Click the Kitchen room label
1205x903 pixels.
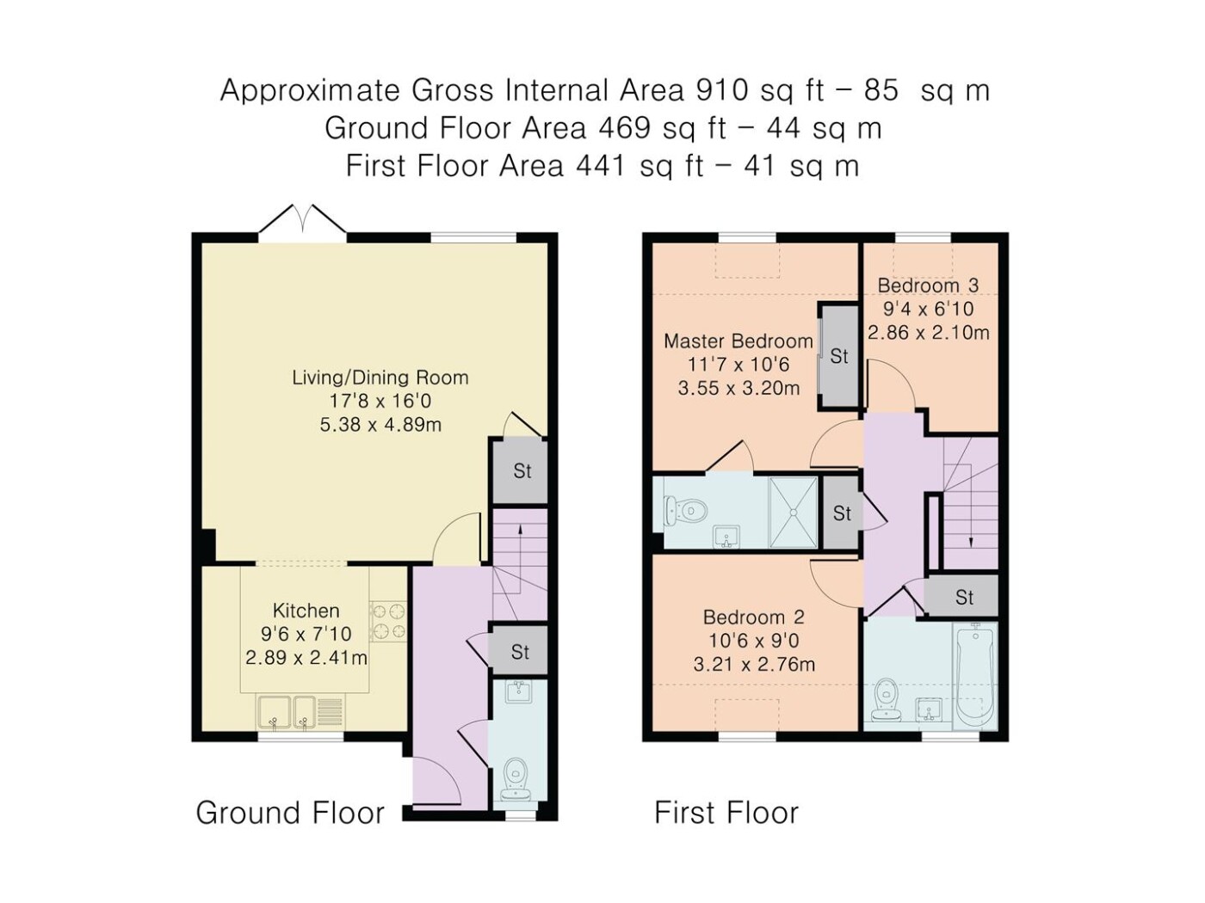pyautogui.click(x=306, y=611)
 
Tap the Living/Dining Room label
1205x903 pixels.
pyautogui.click(x=380, y=378)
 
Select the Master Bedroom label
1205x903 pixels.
pyautogui.click(x=738, y=341)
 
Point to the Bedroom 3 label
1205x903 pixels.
pyautogui.click(x=928, y=286)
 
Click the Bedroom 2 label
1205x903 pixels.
pyautogui.click(x=753, y=617)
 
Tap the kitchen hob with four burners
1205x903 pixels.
pyautogui.click(x=388, y=621)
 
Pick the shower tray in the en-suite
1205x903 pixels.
pyautogui.click(x=793, y=512)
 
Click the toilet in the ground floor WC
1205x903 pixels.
pyautogui.click(x=515, y=779)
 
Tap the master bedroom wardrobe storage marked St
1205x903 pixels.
pyautogui.click(x=838, y=356)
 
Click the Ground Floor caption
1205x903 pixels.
pyautogui.click(x=290, y=813)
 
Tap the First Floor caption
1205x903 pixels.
pyautogui.click(x=726, y=813)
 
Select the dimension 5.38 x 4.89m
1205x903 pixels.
pyautogui.click(x=380, y=424)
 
